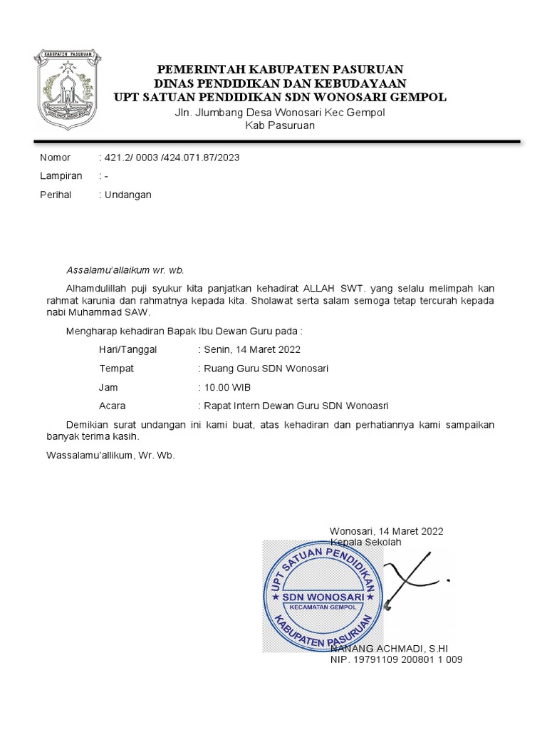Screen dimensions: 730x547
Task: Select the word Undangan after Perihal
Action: pos(128,195)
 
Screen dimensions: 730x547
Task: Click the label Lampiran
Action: pos(61,176)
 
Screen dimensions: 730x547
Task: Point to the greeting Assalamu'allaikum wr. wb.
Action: pos(125,270)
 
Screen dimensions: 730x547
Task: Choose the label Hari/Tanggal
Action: pos(128,350)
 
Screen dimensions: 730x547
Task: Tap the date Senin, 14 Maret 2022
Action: pos(252,350)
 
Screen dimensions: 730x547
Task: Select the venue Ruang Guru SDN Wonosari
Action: pos(266,369)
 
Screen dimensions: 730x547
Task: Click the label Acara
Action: pos(113,406)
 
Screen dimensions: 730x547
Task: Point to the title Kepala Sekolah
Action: pos(365,543)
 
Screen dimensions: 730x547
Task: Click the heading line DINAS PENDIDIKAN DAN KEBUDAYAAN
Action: pos(281,83)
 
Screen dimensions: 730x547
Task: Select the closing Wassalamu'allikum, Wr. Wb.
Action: pos(110,455)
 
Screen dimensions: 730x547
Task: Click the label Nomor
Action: pos(56,158)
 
